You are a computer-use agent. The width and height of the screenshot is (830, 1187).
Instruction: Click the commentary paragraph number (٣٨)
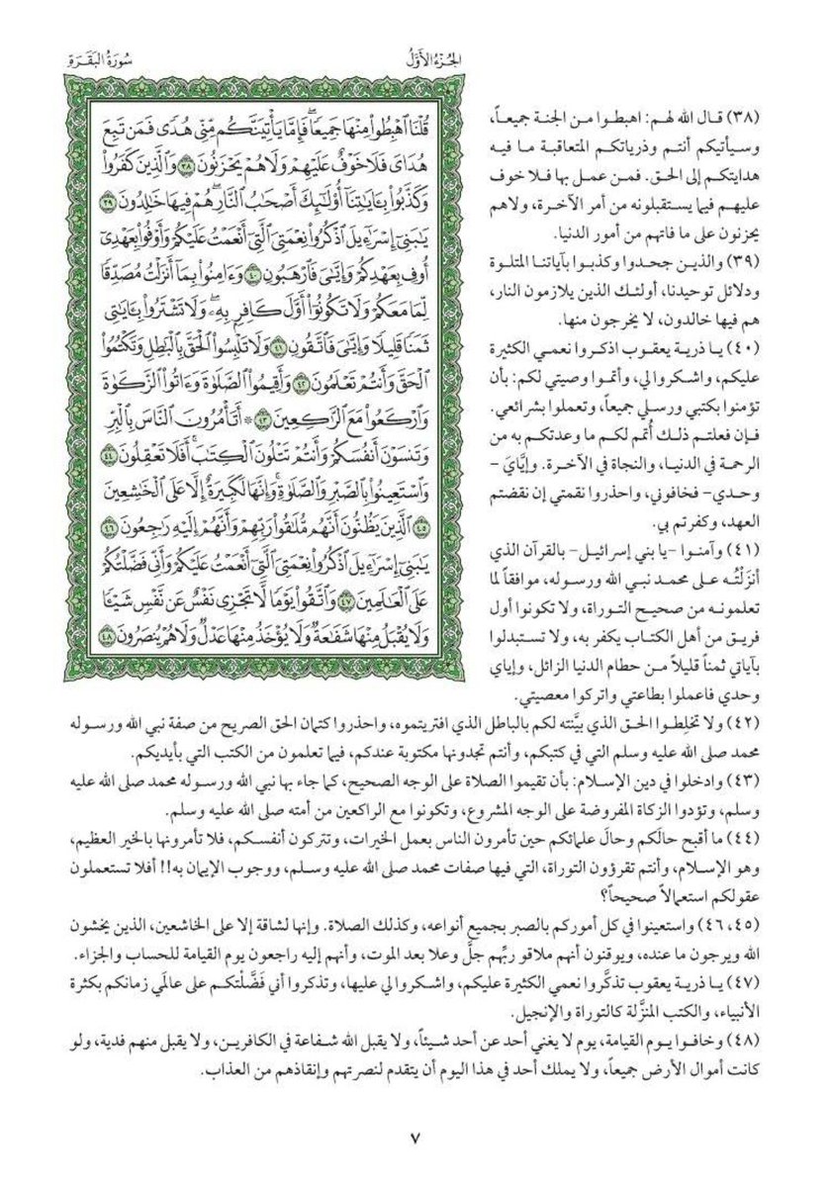pyautogui.click(x=777, y=120)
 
